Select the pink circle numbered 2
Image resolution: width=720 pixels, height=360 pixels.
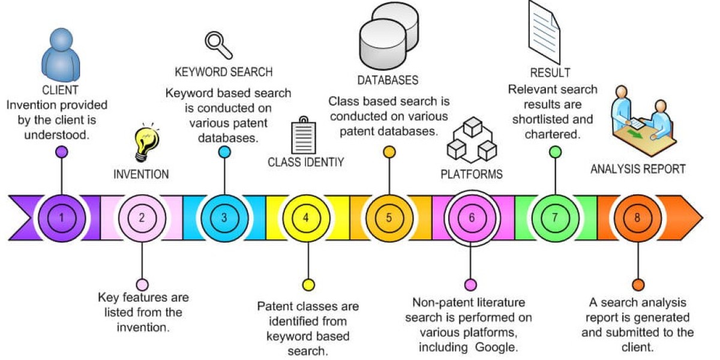coord(142,217)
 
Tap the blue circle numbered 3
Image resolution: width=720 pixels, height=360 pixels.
coord(224,217)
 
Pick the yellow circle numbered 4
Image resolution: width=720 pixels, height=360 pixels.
coord(307,217)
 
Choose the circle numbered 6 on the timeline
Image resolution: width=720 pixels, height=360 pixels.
coord(471,217)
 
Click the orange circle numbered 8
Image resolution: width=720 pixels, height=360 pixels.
coord(637,217)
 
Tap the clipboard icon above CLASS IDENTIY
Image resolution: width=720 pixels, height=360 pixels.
coord(303,136)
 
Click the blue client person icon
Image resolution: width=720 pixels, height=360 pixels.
coord(59,53)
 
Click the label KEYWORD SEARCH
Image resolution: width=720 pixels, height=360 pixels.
coord(224,72)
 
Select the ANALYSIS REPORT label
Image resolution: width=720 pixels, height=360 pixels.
coord(638,169)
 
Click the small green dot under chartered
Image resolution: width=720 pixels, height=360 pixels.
coord(555,152)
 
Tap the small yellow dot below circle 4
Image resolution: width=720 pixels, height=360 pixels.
coord(308,284)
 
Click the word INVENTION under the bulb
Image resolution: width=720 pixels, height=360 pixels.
coord(141,175)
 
